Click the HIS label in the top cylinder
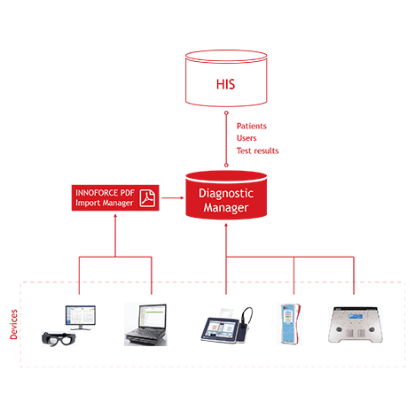pos(225,84)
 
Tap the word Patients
pos(252,126)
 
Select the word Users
pos(247,138)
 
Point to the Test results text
pos(257,150)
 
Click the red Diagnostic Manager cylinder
pos(226,195)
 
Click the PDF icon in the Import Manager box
pos(147,197)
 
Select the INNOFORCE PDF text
pos(105,193)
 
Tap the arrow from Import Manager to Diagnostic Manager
pos(173,197)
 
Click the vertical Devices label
pos(13,324)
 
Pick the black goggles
pos(59,339)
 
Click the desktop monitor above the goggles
pos(81,318)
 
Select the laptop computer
pos(145,324)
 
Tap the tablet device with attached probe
pos(226,326)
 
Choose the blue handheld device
pos(290,324)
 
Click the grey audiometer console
pos(356,324)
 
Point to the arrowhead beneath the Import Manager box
pos(115,216)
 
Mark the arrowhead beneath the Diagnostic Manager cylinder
pos(226,226)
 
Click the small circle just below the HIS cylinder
pos(226,113)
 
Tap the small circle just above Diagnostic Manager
pos(226,166)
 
